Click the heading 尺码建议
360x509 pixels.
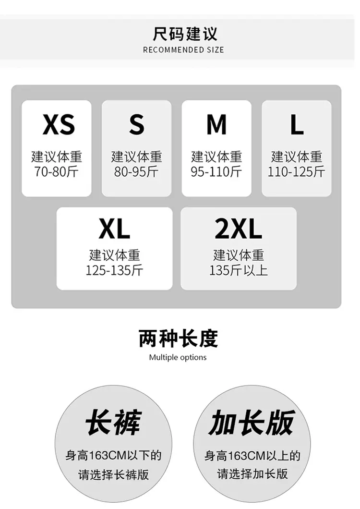[185, 34]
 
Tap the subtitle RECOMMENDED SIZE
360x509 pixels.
[183, 50]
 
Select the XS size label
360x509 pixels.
[59, 125]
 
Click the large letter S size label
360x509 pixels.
[137, 125]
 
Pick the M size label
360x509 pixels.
[216, 125]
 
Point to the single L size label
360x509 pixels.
[297, 125]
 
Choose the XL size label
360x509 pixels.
[114, 229]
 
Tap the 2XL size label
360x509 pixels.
[238, 229]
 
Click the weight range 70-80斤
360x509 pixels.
[57, 171]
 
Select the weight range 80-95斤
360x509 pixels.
[136, 171]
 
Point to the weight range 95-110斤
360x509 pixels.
[216, 171]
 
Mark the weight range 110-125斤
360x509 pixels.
[296, 171]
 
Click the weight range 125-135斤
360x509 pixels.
[114, 270]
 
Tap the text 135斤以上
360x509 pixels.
[239, 270]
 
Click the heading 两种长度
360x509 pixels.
[178, 339]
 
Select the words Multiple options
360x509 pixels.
[178, 357]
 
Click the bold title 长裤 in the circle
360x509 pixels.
[114, 422]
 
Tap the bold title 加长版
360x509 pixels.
[252, 422]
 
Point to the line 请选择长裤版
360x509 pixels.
[114, 474]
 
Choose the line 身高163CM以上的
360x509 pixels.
[252, 456]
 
